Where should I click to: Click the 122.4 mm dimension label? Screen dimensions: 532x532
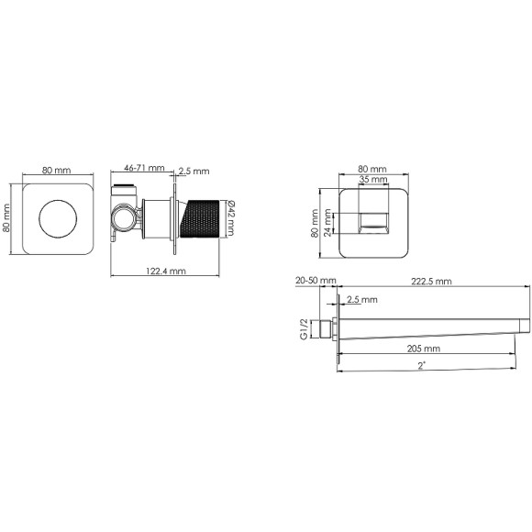[x=166, y=272]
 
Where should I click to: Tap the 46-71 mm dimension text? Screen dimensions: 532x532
[x=144, y=168]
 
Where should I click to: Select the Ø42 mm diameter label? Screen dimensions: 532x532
[x=230, y=217]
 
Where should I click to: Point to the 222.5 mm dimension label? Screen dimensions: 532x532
[x=431, y=282]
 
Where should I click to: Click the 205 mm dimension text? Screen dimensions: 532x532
[x=424, y=349]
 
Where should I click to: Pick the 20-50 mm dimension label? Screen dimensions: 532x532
[x=316, y=281]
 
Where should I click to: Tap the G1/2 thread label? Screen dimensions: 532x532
[x=304, y=329]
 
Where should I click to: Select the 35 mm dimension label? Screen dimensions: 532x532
[x=373, y=179]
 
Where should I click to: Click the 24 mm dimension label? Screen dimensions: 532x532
[x=327, y=223]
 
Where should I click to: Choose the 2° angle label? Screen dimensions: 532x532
[x=421, y=366]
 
